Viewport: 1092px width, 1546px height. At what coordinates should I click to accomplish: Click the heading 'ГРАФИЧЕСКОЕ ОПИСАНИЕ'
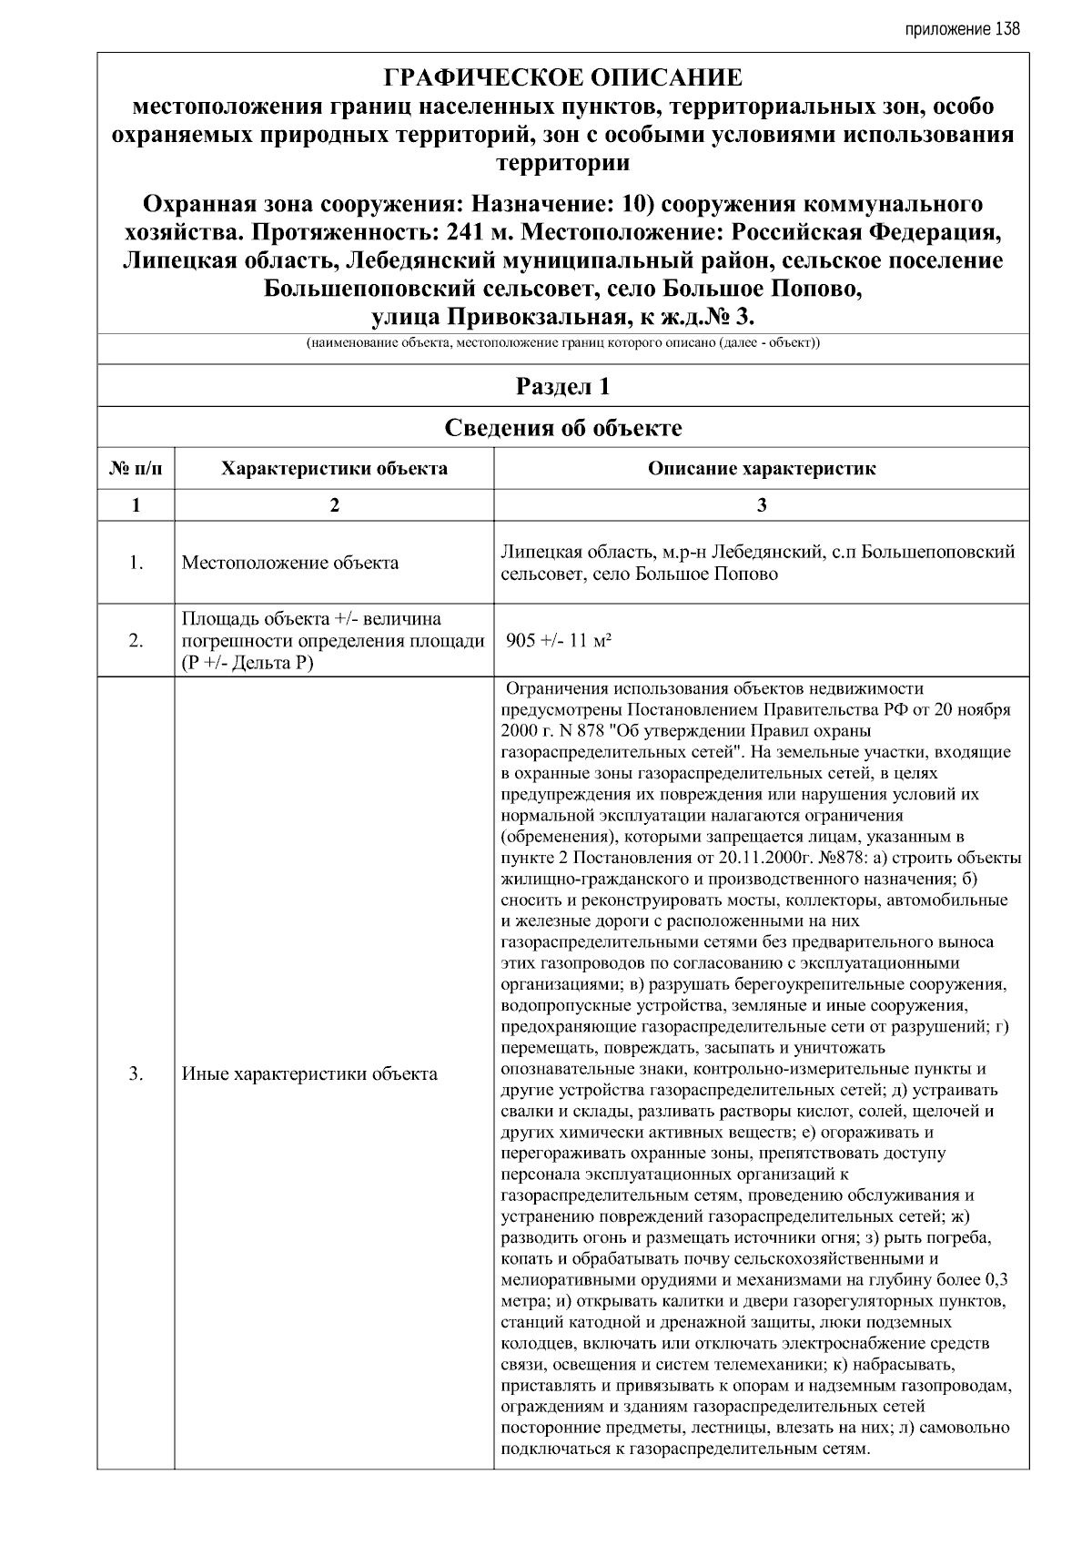562,77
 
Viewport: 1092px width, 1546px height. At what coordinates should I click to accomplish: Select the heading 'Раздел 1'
562,386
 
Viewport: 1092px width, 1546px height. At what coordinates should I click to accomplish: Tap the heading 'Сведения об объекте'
562,428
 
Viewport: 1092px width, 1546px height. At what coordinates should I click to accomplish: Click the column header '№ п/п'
136,469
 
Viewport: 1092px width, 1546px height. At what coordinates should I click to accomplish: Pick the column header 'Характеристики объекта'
334,469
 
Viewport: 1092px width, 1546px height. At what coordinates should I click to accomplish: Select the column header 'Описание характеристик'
761,469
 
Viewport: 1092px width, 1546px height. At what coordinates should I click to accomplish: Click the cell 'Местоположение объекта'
289,563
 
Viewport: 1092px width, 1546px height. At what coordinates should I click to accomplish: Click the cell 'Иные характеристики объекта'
309,1073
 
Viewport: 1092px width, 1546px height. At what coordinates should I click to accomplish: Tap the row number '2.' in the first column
136,641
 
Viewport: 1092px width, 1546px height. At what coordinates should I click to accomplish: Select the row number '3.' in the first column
136,1073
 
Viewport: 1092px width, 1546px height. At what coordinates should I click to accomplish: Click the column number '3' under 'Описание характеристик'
761,505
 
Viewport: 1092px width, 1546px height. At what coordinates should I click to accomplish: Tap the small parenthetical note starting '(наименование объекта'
562,344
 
